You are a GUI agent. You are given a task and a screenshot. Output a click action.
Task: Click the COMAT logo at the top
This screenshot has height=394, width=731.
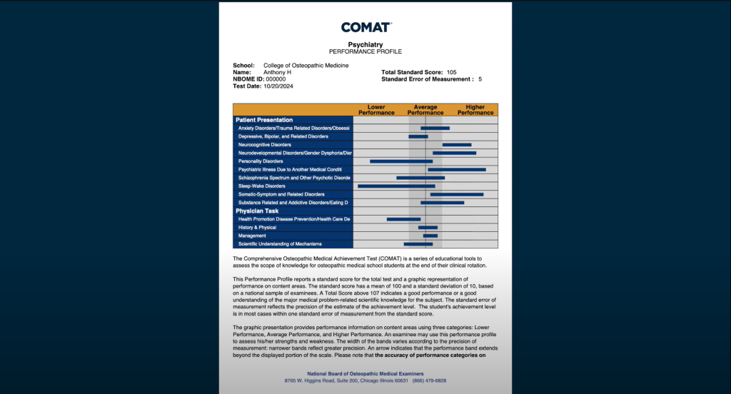pyautogui.click(x=365, y=27)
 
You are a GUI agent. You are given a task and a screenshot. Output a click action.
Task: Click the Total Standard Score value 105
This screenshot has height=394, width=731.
pyautogui.click(x=451, y=72)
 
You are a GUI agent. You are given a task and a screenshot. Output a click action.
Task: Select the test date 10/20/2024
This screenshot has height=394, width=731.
pyautogui.click(x=278, y=86)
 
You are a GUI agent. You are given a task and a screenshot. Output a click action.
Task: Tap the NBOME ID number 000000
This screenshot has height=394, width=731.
pyautogui.click(x=276, y=79)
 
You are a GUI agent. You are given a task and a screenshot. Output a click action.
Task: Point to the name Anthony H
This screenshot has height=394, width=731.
pyautogui.click(x=277, y=72)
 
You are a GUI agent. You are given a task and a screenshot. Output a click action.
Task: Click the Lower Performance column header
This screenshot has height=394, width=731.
pyautogui.click(x=376, y=110)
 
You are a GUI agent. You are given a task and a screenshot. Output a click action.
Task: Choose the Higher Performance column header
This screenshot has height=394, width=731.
pyautogui.click(x=475, y=110)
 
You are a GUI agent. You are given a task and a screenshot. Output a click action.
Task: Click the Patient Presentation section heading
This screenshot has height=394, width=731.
pyautogui.click(x=264, y=120)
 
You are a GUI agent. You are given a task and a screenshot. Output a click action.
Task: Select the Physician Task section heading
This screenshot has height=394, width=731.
pyautogui.click(x=257, y=211)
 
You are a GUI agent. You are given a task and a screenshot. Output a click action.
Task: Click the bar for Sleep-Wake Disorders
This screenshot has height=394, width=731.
pyautogui.click(x=396, y=186)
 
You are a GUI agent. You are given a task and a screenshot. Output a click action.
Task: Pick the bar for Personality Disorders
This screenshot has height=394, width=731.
pyautogui.click(x=401, y=161)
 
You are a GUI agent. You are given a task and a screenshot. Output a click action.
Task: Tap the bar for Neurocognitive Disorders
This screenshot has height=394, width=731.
pyautogui.click(x=457, y=145)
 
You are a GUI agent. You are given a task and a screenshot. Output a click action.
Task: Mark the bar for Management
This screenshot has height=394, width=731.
pyautogui.click(x=430, y=236)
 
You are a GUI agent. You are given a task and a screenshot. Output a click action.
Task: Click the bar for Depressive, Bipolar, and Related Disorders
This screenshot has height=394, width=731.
pyautogui.click(x=418, y=136)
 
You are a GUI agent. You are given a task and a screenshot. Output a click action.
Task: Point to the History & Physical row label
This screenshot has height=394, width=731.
pyautogui.click(x=257, y=228)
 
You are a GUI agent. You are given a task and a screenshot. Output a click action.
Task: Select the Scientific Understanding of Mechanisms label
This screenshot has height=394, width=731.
pyautogui.click(x=280, y=244)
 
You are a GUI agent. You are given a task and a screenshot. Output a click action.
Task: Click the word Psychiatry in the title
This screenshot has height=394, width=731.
pyautogui.click(x=365, y=44)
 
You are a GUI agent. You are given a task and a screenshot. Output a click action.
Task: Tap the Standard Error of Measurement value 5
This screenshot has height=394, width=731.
pyautogui.click(x=480, y=79)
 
